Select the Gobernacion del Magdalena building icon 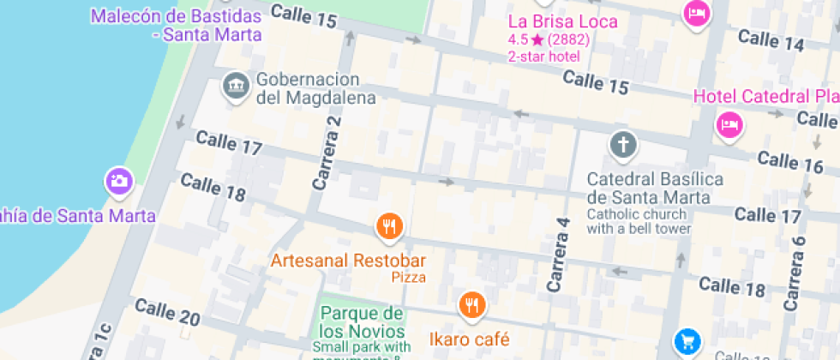(x=235, y=86)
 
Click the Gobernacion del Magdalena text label (x=315, y=88)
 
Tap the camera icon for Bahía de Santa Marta (x=118, y=181)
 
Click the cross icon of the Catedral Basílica (x=623, y=145)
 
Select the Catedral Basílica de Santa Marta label (x=655, y=189)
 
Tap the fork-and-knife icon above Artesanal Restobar (x=389, y=226)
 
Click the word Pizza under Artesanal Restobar (x=409, y=277)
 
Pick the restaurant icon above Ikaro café (x=471, y=303)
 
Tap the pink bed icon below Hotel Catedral (x=729, y=125)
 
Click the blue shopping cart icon (x=687, y=341)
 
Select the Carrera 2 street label (x=327, y=153)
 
